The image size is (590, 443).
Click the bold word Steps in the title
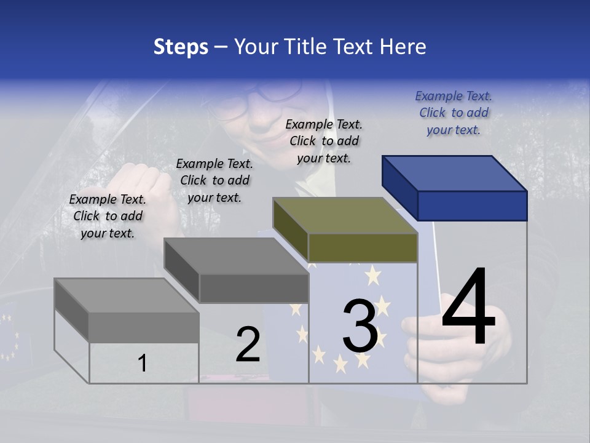coord(181,47)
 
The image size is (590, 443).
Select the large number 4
coord(468,308)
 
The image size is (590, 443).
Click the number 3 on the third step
coord(360,326)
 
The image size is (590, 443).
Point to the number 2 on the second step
coord(248,345)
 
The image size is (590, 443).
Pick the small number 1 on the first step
coord(143,364)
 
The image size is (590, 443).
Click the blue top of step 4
coord(455,174)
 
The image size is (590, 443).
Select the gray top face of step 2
coord(236,256)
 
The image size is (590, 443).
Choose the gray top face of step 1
coord(127,296)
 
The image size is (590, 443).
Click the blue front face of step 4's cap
coord(472,206)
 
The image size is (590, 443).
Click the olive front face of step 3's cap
coord(363,247)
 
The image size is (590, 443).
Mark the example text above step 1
coord(108,216)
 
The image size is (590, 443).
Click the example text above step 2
coord(214,180)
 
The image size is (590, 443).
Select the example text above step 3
coord(324,141)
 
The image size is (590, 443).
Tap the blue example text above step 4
coord(454,113)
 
